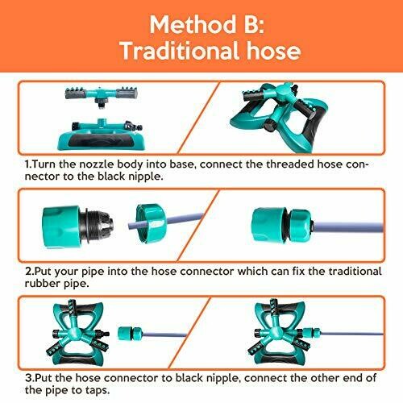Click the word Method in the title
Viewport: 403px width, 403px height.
point(193,24)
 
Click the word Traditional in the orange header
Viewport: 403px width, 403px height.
point(180,51)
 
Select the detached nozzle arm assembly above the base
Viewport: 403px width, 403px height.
point(102,95)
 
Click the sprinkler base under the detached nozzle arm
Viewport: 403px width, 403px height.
point(102,135)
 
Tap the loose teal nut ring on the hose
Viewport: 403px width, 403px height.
point(151,223)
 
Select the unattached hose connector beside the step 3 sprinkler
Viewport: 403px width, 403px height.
point(131,333)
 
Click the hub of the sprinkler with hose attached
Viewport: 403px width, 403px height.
point(275,332)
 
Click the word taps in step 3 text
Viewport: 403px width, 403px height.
point(97,390)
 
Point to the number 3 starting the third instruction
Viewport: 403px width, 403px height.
point(28,378)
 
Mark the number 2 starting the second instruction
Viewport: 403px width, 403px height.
point(28,271)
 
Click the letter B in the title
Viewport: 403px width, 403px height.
point(252,24)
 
